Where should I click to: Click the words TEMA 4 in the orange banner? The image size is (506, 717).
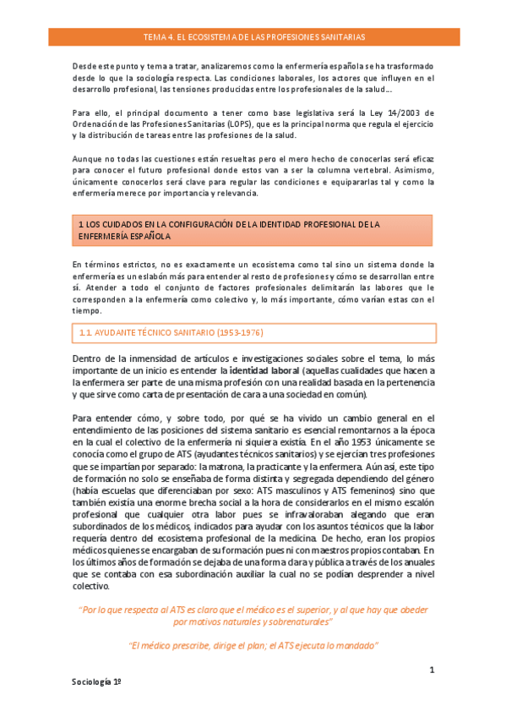click(159, 38)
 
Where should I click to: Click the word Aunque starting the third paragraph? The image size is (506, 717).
click(88, 160)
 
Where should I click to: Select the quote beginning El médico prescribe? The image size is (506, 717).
click(253, 645)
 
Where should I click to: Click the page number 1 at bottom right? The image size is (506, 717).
click(431, 670)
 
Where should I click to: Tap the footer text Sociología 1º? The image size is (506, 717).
click(96, 681)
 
